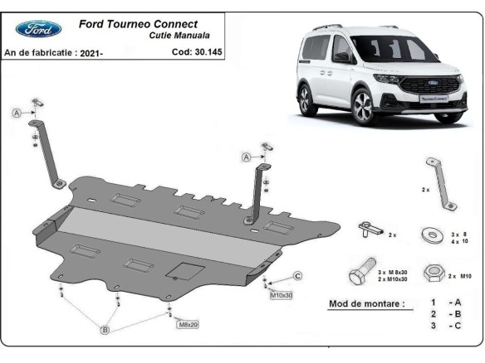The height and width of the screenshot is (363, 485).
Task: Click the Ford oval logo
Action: (x=38, y=29)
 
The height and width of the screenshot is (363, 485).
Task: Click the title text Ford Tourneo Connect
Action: (x=138, y=24)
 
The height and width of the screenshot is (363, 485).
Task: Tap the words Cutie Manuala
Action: (x=179, y=36)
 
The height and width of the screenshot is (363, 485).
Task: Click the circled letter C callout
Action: (x=297, y=276)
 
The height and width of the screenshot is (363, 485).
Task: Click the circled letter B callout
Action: (x=105, y=331)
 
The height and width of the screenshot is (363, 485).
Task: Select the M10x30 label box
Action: (x=280, y=294)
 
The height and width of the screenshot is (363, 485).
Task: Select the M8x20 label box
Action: (x=188, y=325)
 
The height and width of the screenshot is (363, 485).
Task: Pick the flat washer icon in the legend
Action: (x=431, y=234)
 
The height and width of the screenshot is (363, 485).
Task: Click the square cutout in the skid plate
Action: (x=182, y=271)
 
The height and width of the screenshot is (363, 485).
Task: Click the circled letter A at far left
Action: (x=16, y=114)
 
